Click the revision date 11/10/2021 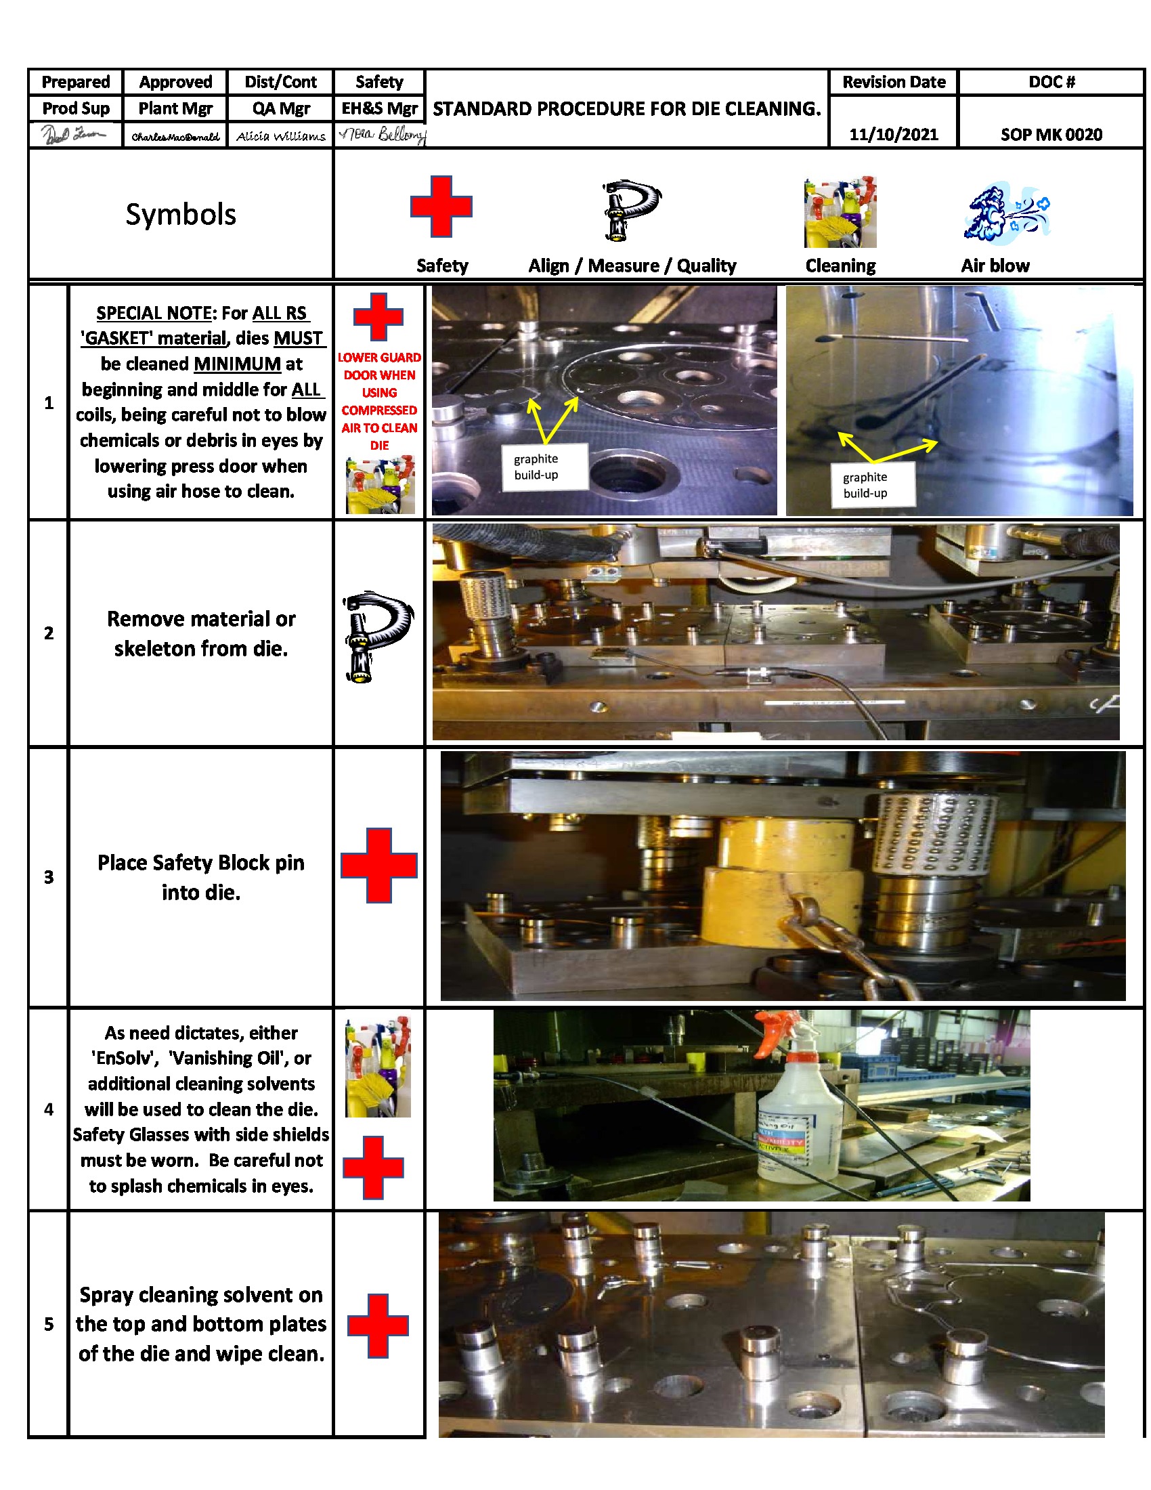tap(892, 134)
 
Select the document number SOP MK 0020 tap(1050, 134)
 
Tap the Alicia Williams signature tap(280, 136)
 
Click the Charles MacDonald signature tap(175, 137)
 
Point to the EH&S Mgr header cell tap(379, 108)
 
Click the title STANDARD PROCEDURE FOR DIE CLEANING tap(626, 109)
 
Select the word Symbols tap(181, 214)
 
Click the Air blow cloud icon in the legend tap(1005, 212)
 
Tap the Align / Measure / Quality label tap(632, 265)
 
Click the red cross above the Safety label tap(441, 207)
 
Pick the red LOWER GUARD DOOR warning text tap(379, 400)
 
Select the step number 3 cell tap(49, 876)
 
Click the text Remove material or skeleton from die tap(201, 633)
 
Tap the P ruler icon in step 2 tap(376, 636)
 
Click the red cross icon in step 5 tap(378, 1325)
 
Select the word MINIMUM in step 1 tap(237, 364)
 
